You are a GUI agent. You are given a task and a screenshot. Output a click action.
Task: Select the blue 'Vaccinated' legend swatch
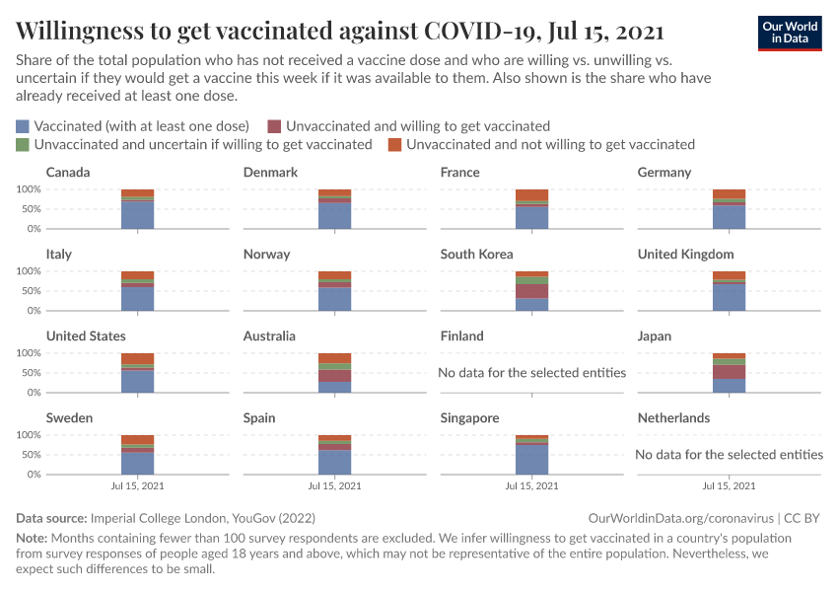pos(23,126)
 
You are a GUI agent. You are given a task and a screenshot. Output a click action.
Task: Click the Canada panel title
pos(68,173)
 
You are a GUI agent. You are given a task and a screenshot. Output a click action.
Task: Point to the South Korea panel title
pos(476,255)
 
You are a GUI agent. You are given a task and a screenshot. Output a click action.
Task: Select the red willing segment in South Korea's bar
pos(531,291)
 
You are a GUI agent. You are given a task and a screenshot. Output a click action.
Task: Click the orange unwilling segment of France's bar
pos(531,194)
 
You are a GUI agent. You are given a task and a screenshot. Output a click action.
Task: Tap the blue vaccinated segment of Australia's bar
pos(334,387)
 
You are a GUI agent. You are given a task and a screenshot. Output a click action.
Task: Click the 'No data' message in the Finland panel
pos(532,373)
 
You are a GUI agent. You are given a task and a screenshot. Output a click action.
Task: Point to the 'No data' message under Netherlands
pos(730,455)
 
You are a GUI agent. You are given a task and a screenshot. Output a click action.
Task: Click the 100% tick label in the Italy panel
pos(29,271)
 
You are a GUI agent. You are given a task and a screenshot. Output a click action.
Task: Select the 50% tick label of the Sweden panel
pos(32,455)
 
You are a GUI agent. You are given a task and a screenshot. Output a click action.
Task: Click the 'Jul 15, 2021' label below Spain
pos(334,486)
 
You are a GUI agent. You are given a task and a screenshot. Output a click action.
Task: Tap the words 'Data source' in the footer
pos(51,518)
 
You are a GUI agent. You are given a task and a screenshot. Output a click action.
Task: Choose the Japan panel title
pos(655,336)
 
